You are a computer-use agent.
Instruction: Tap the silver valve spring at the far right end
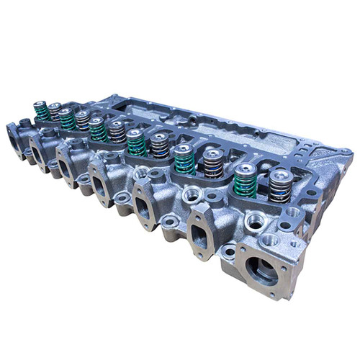pyautogui.click(x=277, y=185)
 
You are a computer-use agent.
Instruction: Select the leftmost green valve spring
pyautogui.click(x=40, y=110)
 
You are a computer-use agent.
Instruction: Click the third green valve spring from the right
pyautogui.click(x=134, y=143)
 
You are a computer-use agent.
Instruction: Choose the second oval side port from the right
pyautogui.click(x=144, y=207)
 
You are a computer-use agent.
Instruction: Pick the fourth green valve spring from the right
pyautogui.click(x=96, y=129)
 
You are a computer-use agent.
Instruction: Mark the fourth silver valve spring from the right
pyautogui.click(x=116, y=132)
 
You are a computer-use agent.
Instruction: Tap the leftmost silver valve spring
pyautogui.click(x=54, y=112)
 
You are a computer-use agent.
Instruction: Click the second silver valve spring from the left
pyautogui.click(x=82, y=120)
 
